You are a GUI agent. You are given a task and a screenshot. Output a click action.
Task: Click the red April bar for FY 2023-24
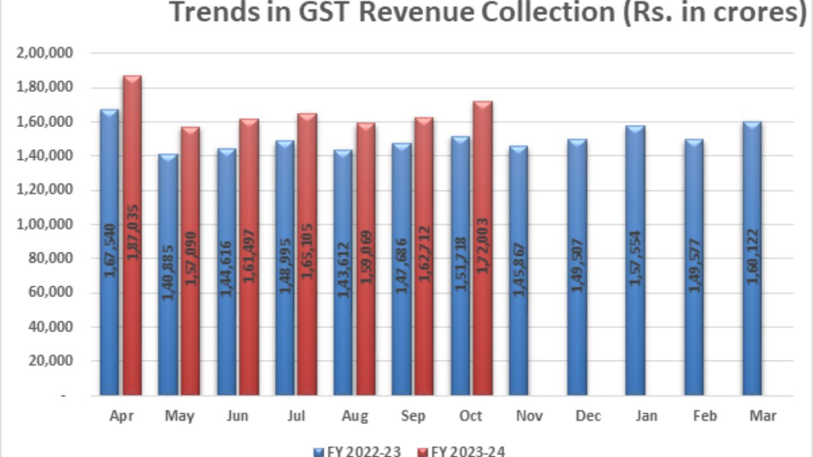point(132,235)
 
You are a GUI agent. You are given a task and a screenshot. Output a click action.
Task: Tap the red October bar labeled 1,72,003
point(483,248)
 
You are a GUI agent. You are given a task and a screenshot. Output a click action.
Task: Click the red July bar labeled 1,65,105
point(307,254)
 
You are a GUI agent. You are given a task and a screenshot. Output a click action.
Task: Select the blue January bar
point(635,260)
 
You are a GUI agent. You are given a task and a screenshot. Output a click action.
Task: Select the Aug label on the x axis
point(354,416)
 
